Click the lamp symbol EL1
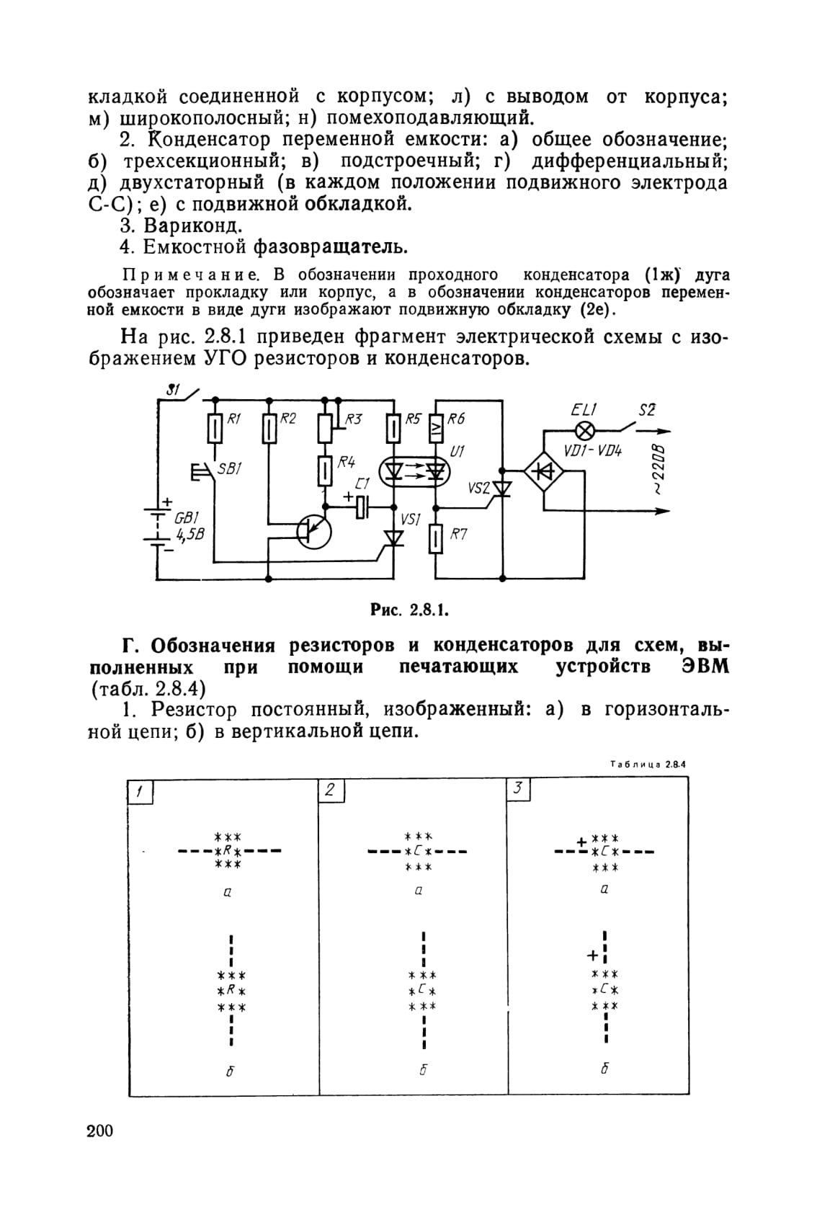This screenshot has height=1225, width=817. click(586, 431)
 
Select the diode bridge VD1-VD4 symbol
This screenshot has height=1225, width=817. click(544, 472)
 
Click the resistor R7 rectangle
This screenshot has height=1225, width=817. click(435, 538)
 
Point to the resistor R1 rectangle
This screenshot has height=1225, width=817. click(215, 427)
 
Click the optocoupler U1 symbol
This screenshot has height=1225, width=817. click(415, 471)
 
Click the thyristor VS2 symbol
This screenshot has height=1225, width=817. click(501, 489)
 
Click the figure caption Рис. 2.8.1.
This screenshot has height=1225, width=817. click(409, 609)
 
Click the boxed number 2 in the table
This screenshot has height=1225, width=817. click(331, 790)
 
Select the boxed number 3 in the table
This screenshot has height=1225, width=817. click(519, 789)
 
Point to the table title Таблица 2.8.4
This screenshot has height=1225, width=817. click(648, 764)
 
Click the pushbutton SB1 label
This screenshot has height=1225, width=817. click(230, 468)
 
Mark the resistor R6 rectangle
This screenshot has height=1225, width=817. click(435, 428)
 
